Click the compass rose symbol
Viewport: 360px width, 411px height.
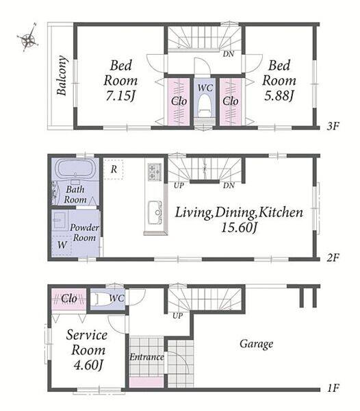[28, 38]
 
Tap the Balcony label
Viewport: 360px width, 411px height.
[62, 75]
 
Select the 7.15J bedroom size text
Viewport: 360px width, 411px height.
[120, 96]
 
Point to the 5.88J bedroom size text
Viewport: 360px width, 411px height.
[279, 96]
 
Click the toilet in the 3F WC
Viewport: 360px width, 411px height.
[205, 107]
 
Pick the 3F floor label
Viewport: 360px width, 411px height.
[333, 127]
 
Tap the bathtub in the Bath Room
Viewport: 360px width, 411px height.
[75, 168]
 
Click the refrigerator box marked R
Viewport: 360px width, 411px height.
[114, 169]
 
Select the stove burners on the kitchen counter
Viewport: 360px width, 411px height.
[155, 172]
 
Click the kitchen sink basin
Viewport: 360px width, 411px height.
[155, 212]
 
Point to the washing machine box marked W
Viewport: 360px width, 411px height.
[62, 245]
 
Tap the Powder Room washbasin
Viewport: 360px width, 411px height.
[59, 220]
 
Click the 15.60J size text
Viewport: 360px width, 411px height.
[238, 227]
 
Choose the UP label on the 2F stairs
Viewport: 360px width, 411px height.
[179, 186]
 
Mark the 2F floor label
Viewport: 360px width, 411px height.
[333, 258]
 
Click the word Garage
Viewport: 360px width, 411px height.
[257, 344]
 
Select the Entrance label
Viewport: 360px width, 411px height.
[146, 357]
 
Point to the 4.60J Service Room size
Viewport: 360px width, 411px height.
[88, 365]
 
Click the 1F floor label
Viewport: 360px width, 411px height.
[333, 388]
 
